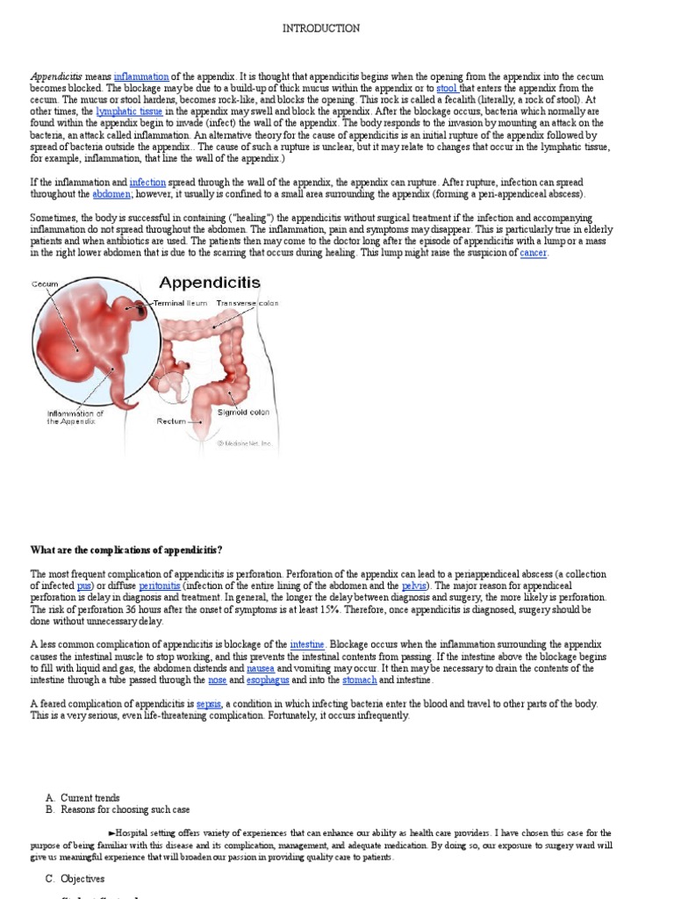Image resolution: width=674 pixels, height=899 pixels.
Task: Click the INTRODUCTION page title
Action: click(320, 29)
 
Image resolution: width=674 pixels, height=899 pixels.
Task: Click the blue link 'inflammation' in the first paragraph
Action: click(141, 77)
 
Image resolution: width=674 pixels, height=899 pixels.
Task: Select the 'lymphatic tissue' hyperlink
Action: click(129, 112)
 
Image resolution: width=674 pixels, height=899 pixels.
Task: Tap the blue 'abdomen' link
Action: click(111, 194)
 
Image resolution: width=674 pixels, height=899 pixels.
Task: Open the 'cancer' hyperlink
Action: click(533, 253)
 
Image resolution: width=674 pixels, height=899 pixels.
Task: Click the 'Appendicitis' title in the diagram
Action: click(209, 283)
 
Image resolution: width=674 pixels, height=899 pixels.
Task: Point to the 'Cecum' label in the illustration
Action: click(45, 284)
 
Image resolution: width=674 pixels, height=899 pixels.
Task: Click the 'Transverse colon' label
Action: click(248, 303)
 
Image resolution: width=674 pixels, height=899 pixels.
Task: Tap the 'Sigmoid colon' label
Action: click(243, 412)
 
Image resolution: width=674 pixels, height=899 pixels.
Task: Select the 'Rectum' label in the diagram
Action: click(171, 421)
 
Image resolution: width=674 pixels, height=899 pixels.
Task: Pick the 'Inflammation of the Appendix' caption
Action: click(75, 417)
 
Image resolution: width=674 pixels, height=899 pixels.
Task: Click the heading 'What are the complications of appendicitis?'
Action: click(126, 550)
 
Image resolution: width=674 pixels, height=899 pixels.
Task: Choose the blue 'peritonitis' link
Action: click(160, 586)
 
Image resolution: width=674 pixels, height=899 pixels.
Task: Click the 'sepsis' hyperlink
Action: click(209, 704)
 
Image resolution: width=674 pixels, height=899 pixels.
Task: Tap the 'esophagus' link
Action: click(268, 680)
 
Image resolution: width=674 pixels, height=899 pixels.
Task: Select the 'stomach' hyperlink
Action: click(359, 680)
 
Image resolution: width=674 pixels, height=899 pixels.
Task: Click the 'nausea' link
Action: click(260, 668)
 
